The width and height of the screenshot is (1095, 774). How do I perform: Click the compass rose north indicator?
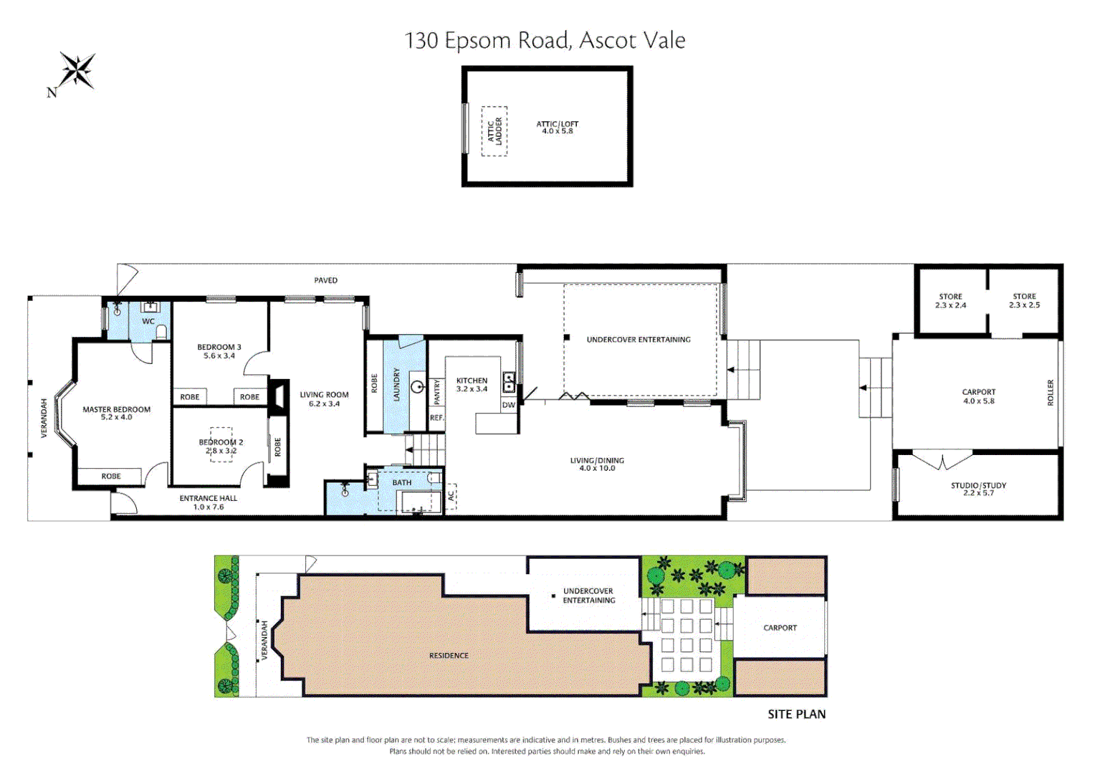(75, 72)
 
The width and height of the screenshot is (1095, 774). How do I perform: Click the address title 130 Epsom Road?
(544, 40)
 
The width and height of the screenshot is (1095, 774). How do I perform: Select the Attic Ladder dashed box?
(494, 131)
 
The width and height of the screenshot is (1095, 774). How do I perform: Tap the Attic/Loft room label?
(557, 128)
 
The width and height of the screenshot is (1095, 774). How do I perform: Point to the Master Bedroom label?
(116, 413)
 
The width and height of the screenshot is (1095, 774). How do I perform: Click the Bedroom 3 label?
(219, 351)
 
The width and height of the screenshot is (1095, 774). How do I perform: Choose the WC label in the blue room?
(148, 321)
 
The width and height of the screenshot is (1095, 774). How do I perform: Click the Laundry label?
(396, 384)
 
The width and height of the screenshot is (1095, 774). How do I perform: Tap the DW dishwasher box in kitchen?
(508, 405)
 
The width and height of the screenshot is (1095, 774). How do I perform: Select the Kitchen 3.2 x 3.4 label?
(472, 385)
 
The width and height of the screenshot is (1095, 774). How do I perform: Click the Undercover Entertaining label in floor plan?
(638, 340)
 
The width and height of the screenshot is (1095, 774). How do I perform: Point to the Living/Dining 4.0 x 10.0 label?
(596, 464)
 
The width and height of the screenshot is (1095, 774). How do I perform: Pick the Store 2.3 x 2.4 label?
(950, 300)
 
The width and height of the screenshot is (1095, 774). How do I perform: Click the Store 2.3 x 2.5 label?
(1024, 300)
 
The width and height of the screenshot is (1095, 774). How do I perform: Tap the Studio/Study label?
(978, 489)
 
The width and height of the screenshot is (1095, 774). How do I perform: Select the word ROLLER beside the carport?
(1051, 393)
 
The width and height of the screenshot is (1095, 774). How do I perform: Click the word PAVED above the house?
(325, 280)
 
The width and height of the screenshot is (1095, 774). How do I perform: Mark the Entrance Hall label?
(208, 502)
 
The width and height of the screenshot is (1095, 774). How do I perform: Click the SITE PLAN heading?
(796, 714)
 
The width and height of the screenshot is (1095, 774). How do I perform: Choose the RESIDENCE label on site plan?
(449, 656)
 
